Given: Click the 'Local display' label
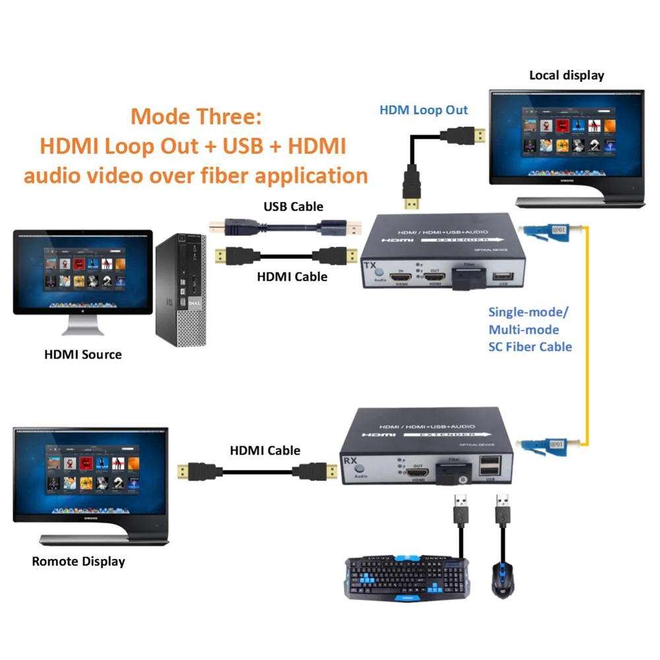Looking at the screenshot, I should coord(566,75).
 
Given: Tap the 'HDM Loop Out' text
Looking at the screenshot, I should coord(424,110).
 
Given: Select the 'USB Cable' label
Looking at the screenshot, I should coord(294,207).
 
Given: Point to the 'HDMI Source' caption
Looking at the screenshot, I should coord(83,354).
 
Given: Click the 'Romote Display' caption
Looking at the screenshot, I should coord(79,562).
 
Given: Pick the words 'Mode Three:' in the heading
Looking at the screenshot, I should coord(196,117).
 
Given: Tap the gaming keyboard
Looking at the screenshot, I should coord(407,577).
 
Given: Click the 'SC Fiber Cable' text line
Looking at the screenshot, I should coord(530,346).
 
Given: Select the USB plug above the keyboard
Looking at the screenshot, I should coord(461,510).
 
